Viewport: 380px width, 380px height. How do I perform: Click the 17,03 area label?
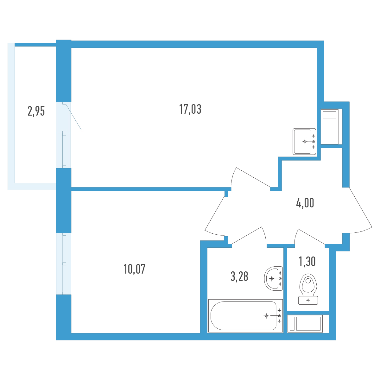click(190, 109)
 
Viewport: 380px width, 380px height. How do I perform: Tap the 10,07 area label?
click(134, 269)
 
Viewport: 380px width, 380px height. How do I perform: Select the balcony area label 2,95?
click(36, 111)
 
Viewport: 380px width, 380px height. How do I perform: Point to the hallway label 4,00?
click(305, 203)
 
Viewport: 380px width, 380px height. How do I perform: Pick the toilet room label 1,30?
click(307, 262)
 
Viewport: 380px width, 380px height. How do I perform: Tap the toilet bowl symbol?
click(308, 284)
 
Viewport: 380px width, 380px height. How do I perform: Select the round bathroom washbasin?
click(274, 278)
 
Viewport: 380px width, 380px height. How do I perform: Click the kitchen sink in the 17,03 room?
click(304, 141)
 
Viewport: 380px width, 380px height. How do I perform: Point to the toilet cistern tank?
click(308, 300)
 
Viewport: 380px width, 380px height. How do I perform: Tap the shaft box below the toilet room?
click(305, 324)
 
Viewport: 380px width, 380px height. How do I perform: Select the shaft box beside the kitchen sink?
click(330, 127)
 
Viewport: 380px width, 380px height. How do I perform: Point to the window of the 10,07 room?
click(64, 263)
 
